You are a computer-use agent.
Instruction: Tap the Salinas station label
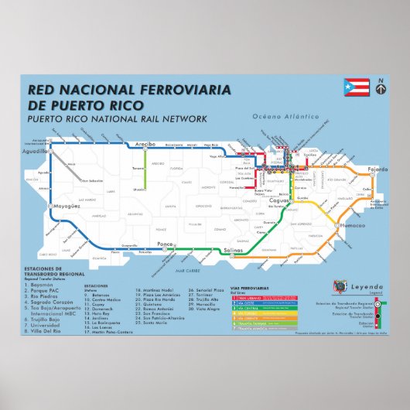(x=233, y=251)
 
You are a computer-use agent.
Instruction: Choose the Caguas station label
(x=279, y=200)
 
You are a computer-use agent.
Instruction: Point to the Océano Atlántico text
(x=292, y=117)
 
